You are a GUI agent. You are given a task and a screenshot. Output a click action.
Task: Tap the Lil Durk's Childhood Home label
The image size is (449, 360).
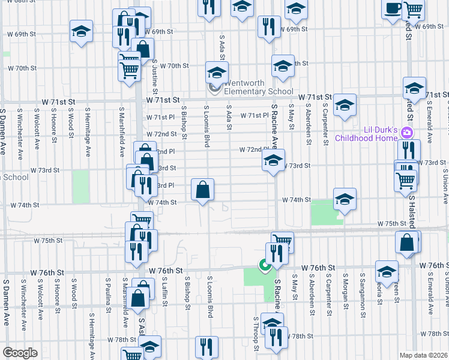379,134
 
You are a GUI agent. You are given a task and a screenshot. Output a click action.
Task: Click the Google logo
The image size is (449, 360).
20,353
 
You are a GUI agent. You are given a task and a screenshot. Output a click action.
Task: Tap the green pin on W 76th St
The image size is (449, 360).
263,265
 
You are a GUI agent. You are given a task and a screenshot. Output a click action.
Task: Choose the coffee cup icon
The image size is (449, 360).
393,9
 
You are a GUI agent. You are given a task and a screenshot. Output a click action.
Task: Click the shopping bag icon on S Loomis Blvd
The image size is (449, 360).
203,190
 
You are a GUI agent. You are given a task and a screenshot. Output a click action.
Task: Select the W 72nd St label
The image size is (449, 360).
165,134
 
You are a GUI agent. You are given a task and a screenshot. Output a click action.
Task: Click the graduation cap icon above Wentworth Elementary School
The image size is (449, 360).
217,73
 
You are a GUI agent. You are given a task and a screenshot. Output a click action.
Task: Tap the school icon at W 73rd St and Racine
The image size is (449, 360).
273,161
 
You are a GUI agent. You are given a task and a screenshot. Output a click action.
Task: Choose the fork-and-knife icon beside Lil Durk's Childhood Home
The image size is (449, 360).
409,150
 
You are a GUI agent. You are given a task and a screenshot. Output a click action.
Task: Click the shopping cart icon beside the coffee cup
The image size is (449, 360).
414,9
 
